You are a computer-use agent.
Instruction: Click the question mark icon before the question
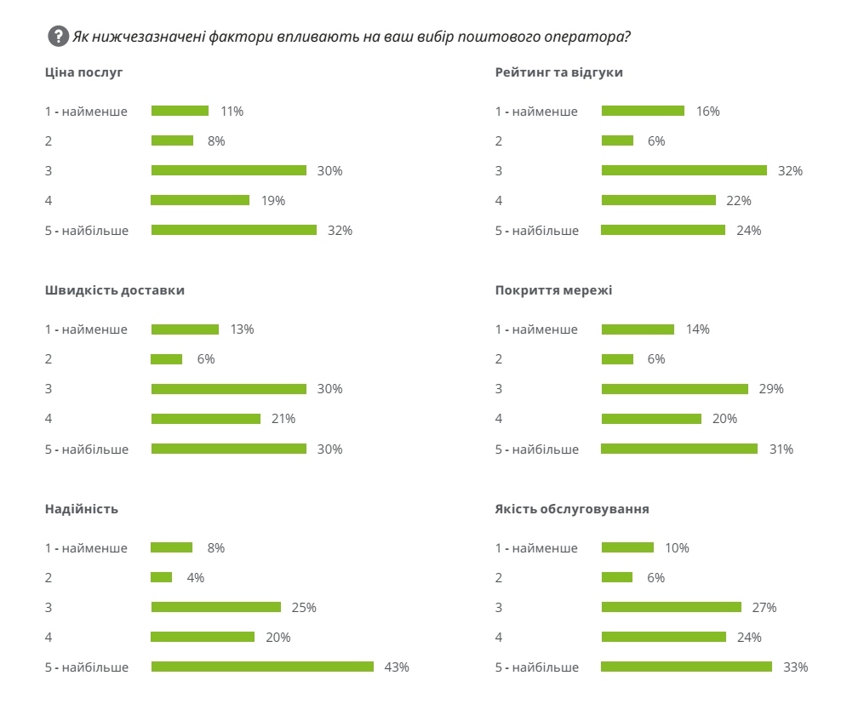[58, 37]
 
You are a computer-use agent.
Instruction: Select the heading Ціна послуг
[84, 72]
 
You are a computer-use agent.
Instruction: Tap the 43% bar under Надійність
[262, 667]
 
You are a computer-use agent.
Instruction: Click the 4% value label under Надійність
[195, 577]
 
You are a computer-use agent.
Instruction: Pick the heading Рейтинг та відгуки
[558, 72]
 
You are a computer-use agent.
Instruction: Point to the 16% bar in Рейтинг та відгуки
[643, 111]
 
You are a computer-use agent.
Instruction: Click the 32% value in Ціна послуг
[340, 230]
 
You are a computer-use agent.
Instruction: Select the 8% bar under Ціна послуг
[172, 140]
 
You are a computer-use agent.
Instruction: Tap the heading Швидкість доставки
[115, 290]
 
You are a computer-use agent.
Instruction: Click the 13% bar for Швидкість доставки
[185, 329]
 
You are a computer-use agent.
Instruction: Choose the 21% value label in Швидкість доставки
[283, 419]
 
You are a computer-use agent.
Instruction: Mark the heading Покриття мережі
[553, 290]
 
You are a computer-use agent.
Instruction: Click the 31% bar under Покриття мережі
[679, 449]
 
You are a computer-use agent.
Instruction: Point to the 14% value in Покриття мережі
[697, 329]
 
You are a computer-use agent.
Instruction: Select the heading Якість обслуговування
[572, 509]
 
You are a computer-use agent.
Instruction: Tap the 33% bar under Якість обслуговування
[686, 667]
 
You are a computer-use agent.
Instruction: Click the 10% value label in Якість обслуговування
[677, 547]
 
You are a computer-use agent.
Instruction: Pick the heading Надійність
[82, 509]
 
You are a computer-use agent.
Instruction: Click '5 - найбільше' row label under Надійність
[87, 667]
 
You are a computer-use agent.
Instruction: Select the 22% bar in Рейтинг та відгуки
[658, 200]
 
